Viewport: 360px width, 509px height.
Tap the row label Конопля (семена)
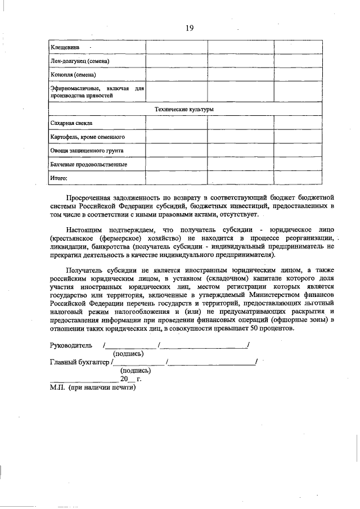(x=73, y=75)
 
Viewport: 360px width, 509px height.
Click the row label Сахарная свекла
(x=71, y=123)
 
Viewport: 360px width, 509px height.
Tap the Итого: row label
(x=58, y=178)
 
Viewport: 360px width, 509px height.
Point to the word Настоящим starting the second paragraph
(x=83, y=230)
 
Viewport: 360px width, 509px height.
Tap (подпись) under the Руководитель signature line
(x=128, y=353)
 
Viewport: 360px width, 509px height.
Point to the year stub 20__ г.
(x=130, y=379)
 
